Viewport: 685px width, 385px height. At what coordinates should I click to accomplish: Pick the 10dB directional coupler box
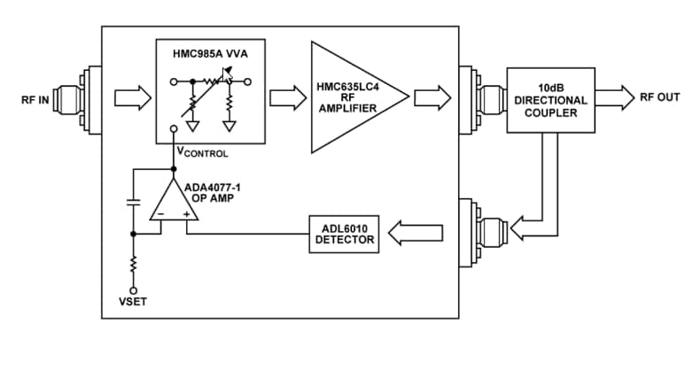[549, 99]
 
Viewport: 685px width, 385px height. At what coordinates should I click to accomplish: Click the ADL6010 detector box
[341, 234]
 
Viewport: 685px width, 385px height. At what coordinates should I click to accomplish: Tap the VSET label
[133, 302]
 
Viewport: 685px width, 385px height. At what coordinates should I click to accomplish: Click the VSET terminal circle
[133, 289]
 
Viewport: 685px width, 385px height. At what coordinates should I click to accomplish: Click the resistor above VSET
[133, 265]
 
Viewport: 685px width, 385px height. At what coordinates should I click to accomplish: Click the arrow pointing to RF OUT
[615, 96]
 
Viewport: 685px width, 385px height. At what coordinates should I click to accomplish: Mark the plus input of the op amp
[186, 214]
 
